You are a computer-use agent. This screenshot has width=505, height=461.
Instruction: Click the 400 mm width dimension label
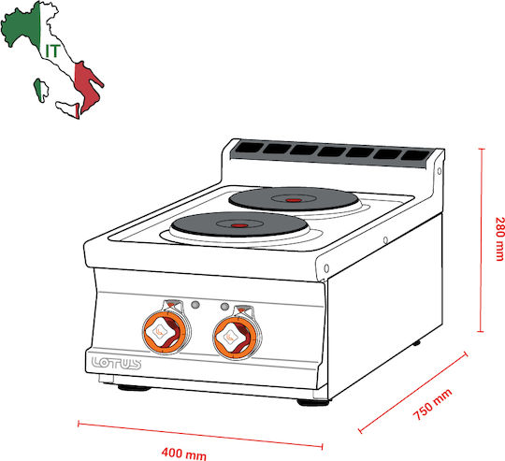[x=184, y=454]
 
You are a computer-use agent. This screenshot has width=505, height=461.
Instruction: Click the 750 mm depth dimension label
[x=433, y=404]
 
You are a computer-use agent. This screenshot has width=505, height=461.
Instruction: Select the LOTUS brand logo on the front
[x=116, y=363]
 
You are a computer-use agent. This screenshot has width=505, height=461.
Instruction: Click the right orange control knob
[x=237, y=337]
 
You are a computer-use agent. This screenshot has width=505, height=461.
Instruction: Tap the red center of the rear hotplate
[x=294, y=200]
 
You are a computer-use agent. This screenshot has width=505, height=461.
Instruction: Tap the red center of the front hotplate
[x=239, y=225]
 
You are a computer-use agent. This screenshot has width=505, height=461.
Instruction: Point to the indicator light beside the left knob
[x=195, y=305]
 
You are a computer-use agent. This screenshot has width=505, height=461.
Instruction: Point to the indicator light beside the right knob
[x=224, y=307]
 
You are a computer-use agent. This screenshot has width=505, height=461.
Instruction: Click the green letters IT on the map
[x=52, y=50]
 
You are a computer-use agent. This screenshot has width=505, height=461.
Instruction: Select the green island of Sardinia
[x=40, y=90]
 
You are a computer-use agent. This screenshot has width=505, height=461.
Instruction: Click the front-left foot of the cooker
[x=134, y=388]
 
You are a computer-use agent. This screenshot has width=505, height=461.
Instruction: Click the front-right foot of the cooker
[x=312, y=402]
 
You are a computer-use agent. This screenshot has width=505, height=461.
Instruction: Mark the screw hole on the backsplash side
[x=440, y=171]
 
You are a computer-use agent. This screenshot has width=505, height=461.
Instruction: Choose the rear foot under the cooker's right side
[x=416, y=343]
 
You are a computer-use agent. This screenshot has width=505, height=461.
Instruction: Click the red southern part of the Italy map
[x=86, y=84]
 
